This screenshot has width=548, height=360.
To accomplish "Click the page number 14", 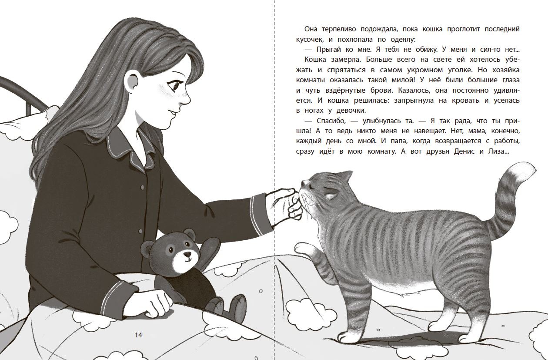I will [138, 335].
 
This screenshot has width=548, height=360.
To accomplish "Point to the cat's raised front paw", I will [301, 249].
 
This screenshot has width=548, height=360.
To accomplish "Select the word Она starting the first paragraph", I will [301, 29].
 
